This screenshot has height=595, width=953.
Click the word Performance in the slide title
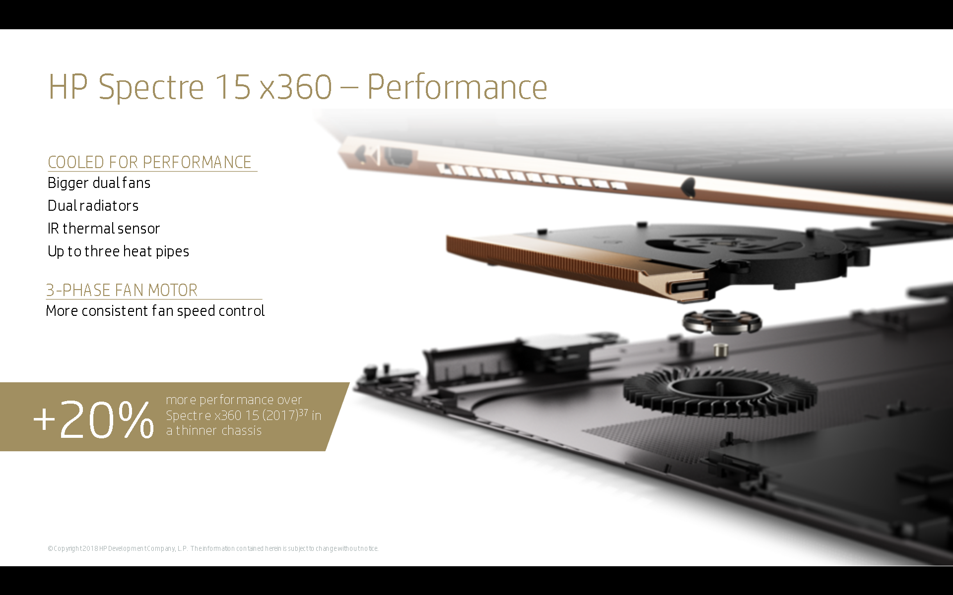click(457, 87)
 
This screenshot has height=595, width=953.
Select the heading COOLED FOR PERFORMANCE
click(149, 162)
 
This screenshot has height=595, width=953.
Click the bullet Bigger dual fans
click(99, 183)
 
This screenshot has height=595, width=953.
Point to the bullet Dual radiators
click(93, 206)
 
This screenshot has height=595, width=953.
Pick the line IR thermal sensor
click(104, 229)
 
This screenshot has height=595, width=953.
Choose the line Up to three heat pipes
click(118, 251)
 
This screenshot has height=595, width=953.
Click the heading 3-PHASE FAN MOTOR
click(122, 290)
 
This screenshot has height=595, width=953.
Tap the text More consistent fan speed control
click(155, 311)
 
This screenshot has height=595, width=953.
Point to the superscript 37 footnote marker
click(303, 412)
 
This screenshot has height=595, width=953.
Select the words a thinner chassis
click(214, 430)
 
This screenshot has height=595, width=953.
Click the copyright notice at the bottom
click(213, 548)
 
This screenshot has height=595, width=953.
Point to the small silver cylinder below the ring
click(721, 350)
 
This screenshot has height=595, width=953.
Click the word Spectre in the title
click(151, 87)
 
